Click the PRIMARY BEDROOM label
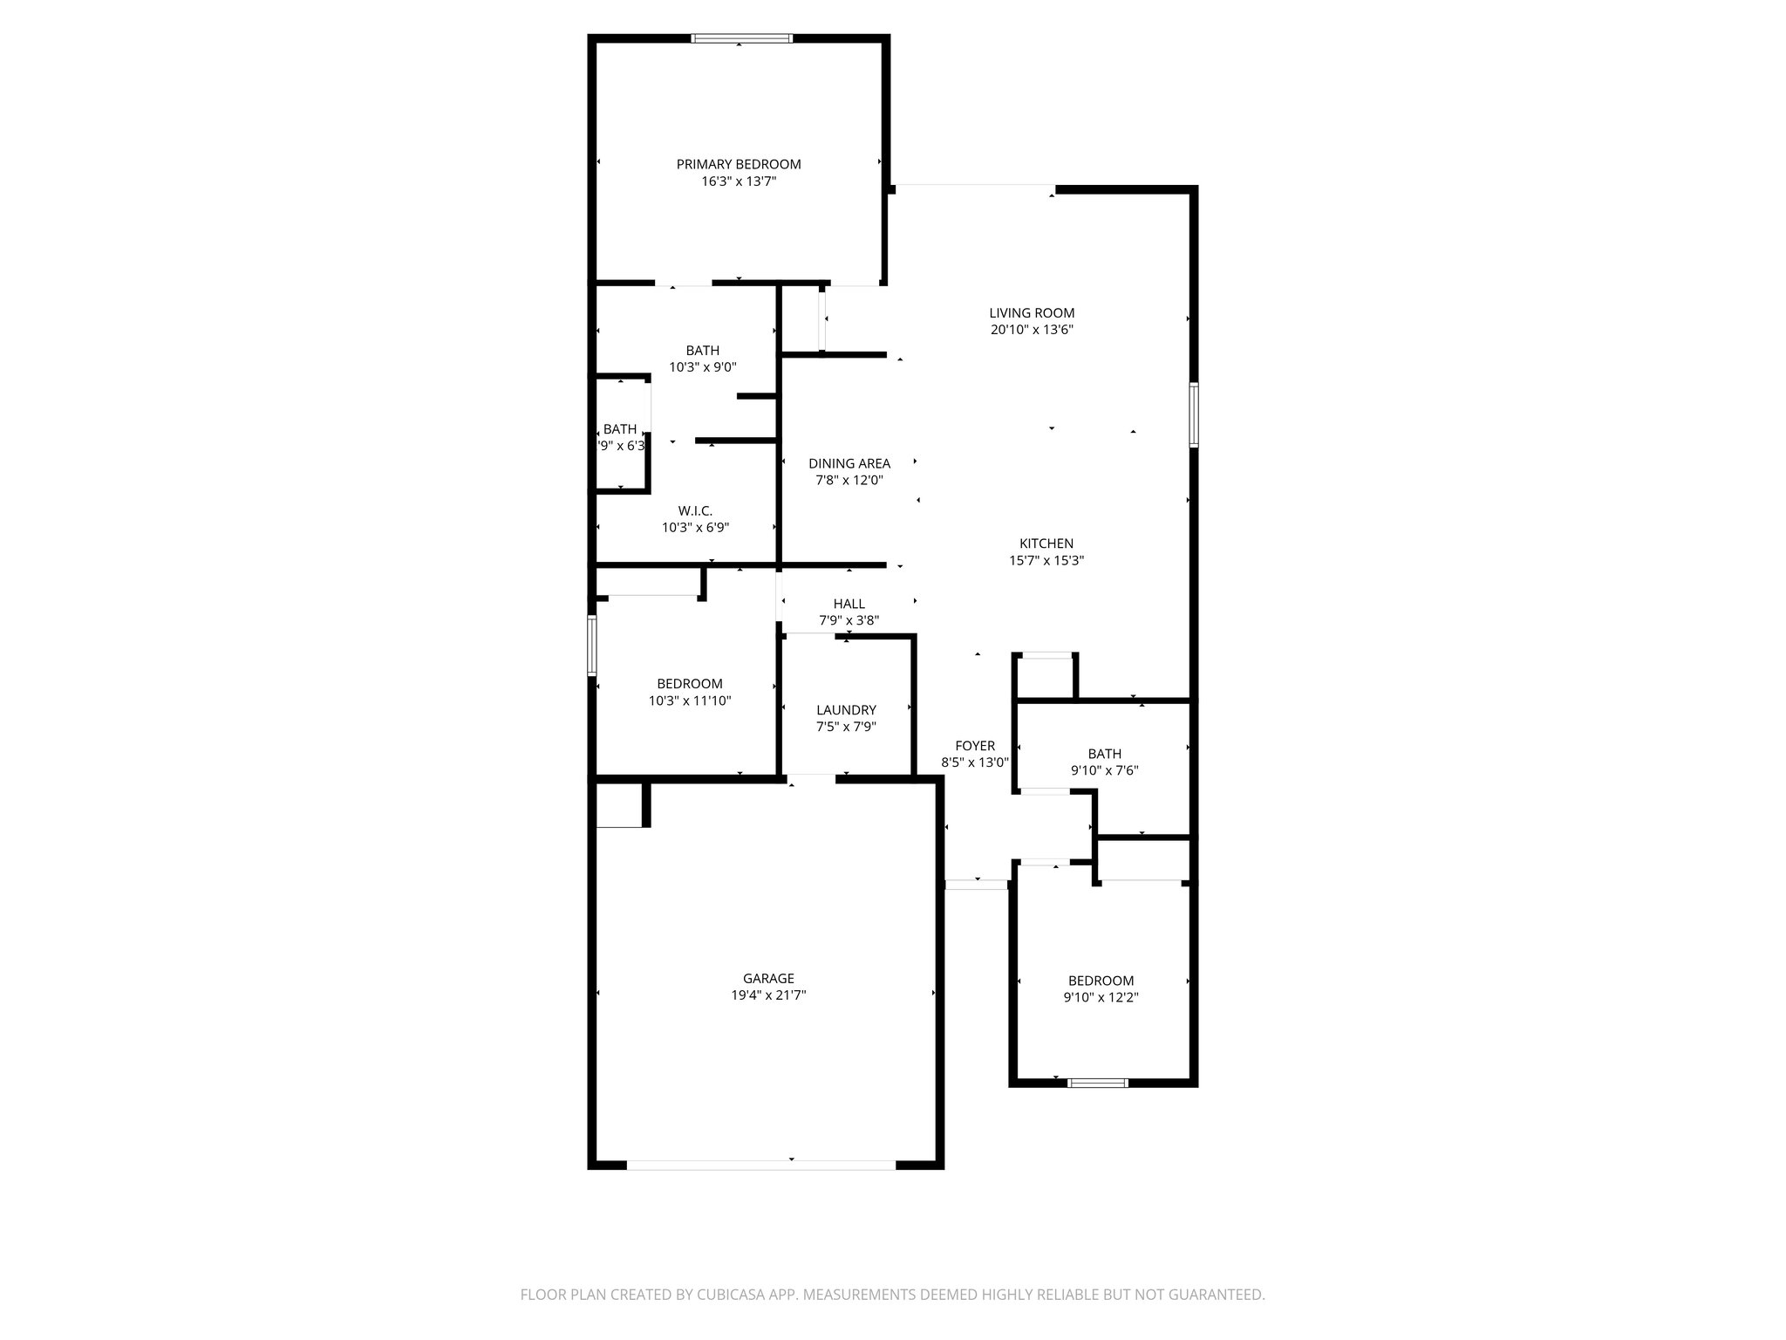pyautogui.click(x=738, y=164)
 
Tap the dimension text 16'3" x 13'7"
pyautogui.click(x=738, y=181)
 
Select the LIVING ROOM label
pyautogui.click(x=1032, y=312)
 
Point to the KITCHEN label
pyautogui.click(x=1046, y=544)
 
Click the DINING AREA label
pyautogui.click(x=849, y=463)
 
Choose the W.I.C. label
pyautogui.click(x=695, y=510)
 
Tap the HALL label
pyautogui.click(x=849, y=604)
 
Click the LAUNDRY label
pyautogui.click(x=846, y=710)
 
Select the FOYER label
pyautogui.click(x=974, y=746)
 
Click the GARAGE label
pyautogui.click(x=768, y=979)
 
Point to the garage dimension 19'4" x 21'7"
pyautogui.click(x=768, y=995)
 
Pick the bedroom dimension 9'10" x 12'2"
pyautogui.click(x=1101, y=997)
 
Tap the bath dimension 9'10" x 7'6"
pyautogui.click(x=1104, y=770)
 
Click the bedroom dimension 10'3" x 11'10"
pyautogui.click(x=689, y=700)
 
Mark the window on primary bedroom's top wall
pyautogui.click(x=741, y=38)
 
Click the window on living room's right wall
pyautogui.click(x=1194, y=414)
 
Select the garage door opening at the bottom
pyautogui.click(x=760, y=1165)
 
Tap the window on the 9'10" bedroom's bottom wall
pyautogui.click(x=1098, y=1083)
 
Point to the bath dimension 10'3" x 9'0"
pyautogui.click(x=702, y=367)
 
